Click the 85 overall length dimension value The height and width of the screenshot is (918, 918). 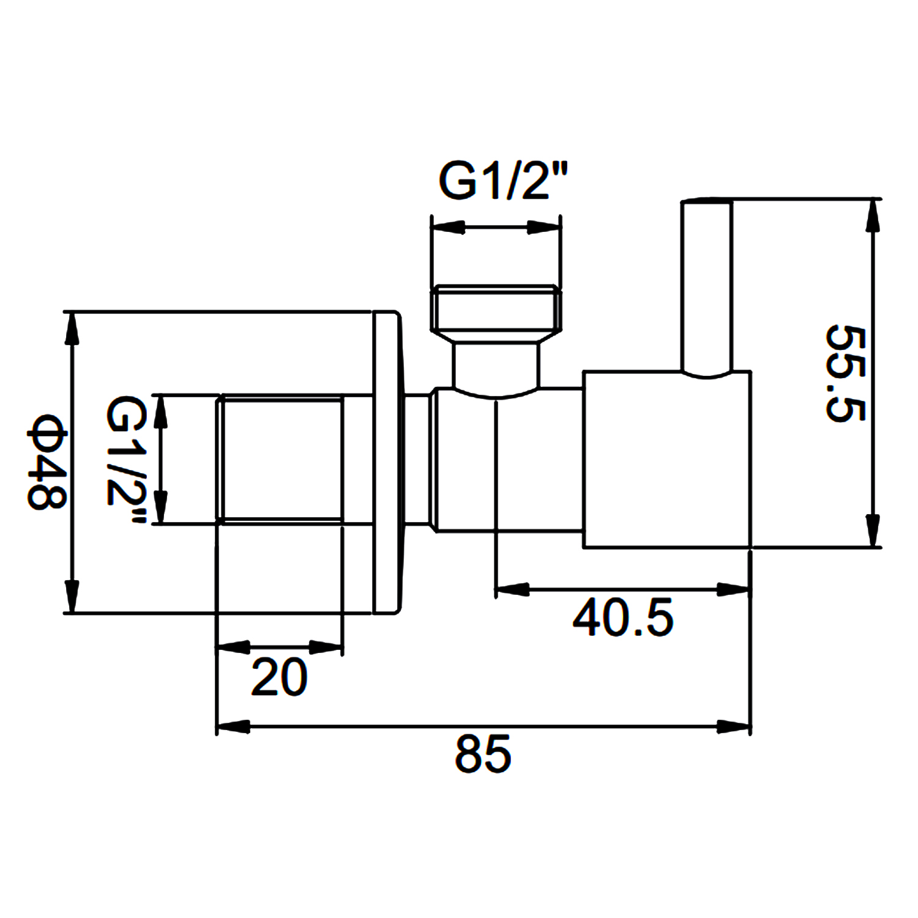pos(482,754)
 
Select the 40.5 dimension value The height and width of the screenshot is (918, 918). pos(623,618)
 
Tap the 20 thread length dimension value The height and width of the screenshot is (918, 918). pos(279,677)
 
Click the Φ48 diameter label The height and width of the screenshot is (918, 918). pos(46,462)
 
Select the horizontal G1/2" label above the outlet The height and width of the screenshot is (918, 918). pos(504,181)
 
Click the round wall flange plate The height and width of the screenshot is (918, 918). pos(387,462)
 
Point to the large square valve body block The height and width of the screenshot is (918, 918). pos(666,459)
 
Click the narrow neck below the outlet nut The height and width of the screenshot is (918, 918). pos(496,366)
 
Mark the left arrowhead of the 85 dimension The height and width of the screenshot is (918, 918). pos(233,727)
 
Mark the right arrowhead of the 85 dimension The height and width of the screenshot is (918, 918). pos(734,727)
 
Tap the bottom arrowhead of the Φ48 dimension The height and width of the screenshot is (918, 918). pos(73,595)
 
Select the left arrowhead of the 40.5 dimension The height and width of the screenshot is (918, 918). pos(512,590)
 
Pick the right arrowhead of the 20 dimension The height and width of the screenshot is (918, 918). pos(326,647)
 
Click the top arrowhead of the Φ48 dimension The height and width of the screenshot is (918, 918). pos(73,329)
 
